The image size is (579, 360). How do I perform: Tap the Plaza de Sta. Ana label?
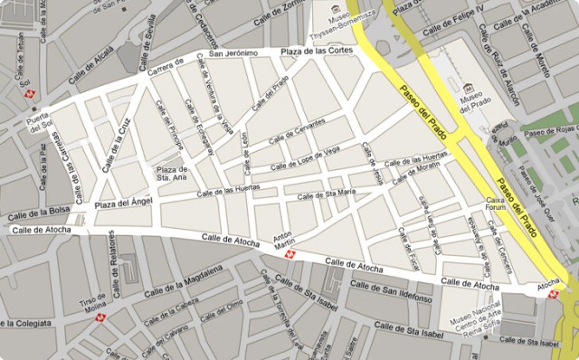pyautogui.click(x=171, y=174)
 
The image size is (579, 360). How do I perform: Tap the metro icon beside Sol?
pyautogui.click(x=31, y=93)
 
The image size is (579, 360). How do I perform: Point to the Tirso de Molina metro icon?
pyautogui.click(x=100, y=318)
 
